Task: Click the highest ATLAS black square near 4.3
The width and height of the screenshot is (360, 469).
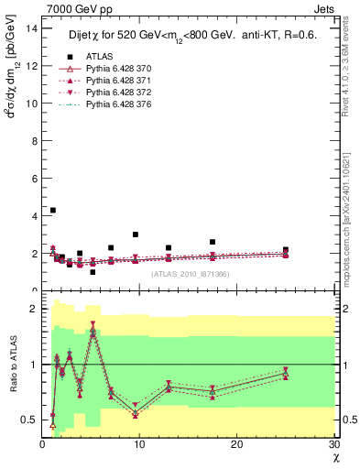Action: click(53, 210)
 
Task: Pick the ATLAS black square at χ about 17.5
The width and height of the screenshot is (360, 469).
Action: click(213, 242)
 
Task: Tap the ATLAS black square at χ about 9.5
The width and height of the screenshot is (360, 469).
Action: click(136, 234)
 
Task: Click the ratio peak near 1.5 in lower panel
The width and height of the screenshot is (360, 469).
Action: click(93, 331)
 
